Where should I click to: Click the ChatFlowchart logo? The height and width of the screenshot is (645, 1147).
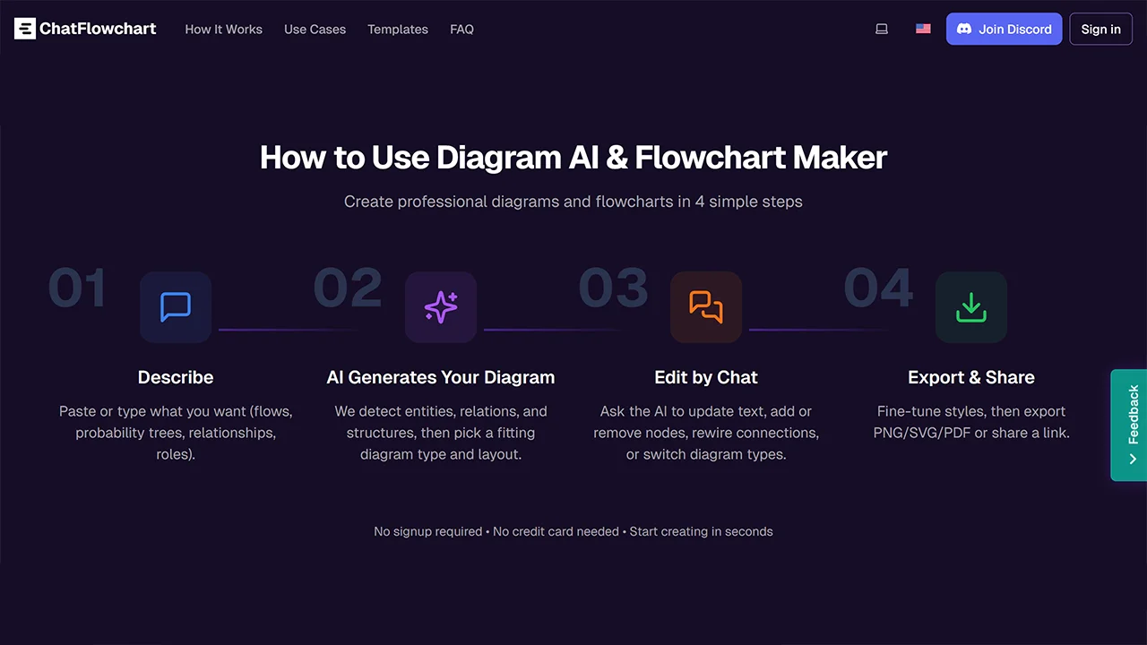point(85,29)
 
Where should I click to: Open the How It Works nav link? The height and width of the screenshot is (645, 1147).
point(223,30)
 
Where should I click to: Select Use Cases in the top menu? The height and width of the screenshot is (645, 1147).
point(315,30)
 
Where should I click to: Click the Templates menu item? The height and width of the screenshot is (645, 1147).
point(397,30)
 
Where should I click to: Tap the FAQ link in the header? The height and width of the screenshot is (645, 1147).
point(461,30)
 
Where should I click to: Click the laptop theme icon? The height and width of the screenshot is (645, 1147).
point(882,29)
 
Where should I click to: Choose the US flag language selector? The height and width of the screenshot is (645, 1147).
point(923,29)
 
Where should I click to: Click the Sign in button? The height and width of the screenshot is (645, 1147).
point(1100,29)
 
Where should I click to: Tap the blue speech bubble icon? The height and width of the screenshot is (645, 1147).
point(176,307)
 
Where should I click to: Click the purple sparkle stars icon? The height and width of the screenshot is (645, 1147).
point(441,307)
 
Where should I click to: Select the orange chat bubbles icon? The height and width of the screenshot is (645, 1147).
point(706,307)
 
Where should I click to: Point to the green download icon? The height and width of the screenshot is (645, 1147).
point(971,307)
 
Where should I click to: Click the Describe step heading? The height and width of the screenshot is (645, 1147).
point(176,377)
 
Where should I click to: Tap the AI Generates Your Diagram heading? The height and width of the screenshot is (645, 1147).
point(441,377)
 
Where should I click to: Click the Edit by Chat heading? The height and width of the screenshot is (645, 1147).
point(706,377)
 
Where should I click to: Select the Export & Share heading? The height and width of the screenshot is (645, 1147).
point(971,377)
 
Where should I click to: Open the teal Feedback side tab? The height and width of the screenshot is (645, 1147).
point(1129,426)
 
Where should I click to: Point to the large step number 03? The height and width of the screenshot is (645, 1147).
point(614,288)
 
